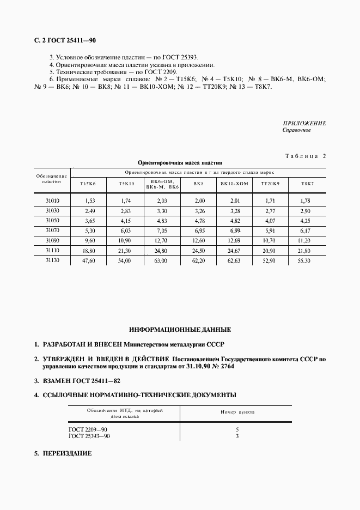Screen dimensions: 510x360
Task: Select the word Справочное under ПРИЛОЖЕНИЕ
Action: click(x=297, y=130)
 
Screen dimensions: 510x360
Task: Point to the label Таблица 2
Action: click(x=305, y=156)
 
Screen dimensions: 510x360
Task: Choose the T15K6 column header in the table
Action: click(x=88, y=184)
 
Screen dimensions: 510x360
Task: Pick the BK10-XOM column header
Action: click(x=234, y=184)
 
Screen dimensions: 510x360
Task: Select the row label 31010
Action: click(x=53, y=201)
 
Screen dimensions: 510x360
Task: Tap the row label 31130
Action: click(x=53, y=260)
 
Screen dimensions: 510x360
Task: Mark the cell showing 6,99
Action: click(x=234, y=230)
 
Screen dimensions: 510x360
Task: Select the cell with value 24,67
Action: click(x=234, y=251)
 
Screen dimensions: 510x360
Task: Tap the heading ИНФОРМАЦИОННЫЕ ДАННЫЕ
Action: click(x=180, y=330)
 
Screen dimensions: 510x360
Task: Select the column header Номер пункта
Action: click(x=237, y=412)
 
